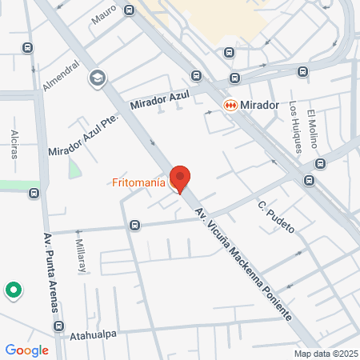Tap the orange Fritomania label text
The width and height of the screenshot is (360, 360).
coord(139,182)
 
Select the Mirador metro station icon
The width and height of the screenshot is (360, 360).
coord(230,105)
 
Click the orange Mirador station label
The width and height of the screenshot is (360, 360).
coord(259,105)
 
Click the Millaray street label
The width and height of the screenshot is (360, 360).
coord(81,255)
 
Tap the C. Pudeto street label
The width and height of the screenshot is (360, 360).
coord(276,218)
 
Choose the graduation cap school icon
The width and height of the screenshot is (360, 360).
coord(98,78)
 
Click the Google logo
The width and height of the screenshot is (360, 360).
coord(26,350)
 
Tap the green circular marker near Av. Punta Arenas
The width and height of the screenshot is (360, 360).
coord(14,290)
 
